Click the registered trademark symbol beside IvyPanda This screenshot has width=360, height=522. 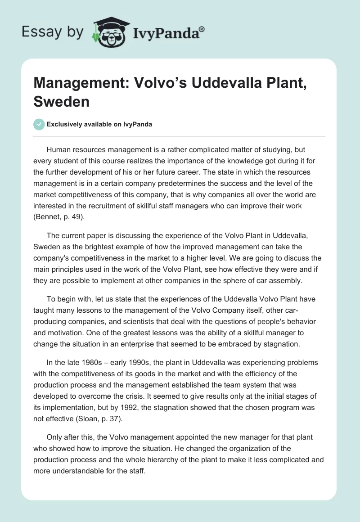[x=202, y=29]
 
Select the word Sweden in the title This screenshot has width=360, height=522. [x=61, y=101]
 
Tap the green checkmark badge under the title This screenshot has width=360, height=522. [x=38, y=124]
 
